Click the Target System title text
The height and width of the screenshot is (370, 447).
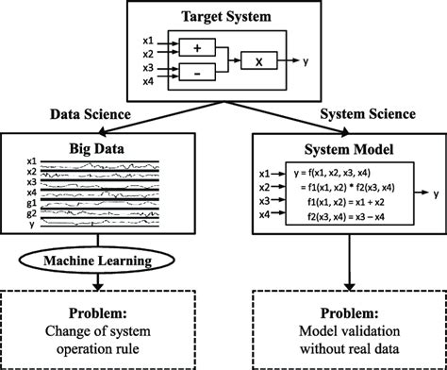223,16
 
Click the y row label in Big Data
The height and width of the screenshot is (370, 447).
33,227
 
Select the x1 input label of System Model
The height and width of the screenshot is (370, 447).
265,174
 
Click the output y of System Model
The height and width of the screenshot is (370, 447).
435,192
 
